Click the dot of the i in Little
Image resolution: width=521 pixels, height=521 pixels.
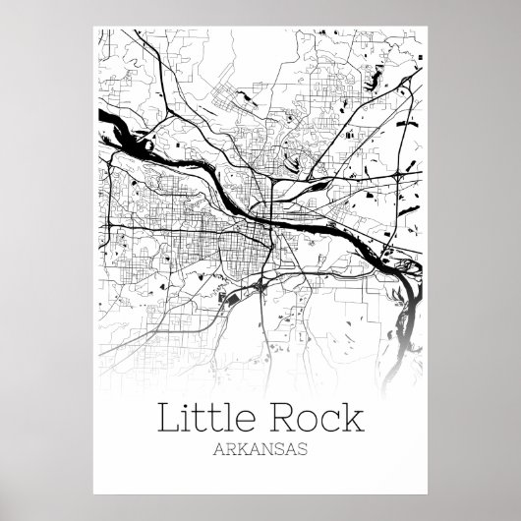(190, 407)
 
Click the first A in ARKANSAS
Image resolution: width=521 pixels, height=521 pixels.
(217, 449)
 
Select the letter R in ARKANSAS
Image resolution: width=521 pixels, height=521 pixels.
(229, 449)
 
